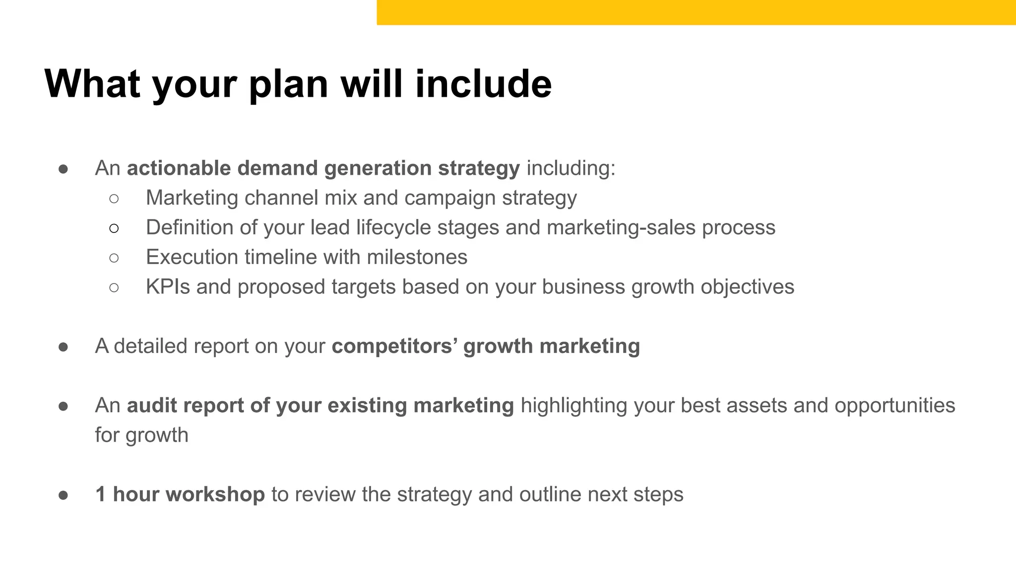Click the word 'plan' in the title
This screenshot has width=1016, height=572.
pyautogui.click(x=288, y=84)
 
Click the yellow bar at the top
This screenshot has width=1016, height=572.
pyautogui.click(x=695, y=12)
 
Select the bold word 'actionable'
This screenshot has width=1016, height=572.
pyautogui.click(x=179, y=168)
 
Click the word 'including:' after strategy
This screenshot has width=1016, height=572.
pyautogui.click(x=571, y=168)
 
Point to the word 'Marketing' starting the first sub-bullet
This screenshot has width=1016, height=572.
pyautogui.click(x=191, y=198)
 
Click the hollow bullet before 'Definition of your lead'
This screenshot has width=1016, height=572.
pyautogui.click(x=114, y=228)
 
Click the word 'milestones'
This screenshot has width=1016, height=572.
pyautogui.click(x=417, y=258)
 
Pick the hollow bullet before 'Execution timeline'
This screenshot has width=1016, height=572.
pyautogui.click(x=114, y=258)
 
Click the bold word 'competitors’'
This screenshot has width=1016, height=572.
pyautogui.click(x=394, y=347)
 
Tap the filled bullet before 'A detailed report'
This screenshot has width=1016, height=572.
pyautogui.click(x=63, y=347)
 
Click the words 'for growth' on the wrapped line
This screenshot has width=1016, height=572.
pyautogui.click(x=141, y=435)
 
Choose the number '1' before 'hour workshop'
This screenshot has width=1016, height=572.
pyautogui.click(x=101, y=495)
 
